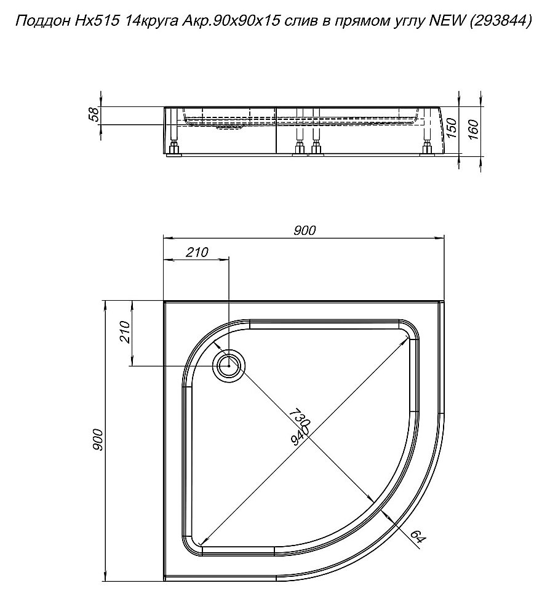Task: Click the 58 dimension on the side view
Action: point(94,116)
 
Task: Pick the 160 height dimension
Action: point(474,129)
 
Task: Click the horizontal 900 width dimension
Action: point(305,230)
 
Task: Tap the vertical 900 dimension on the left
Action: point(98,440)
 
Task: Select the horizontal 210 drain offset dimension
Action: point(197,252)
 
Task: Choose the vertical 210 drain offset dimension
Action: point(124,332)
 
